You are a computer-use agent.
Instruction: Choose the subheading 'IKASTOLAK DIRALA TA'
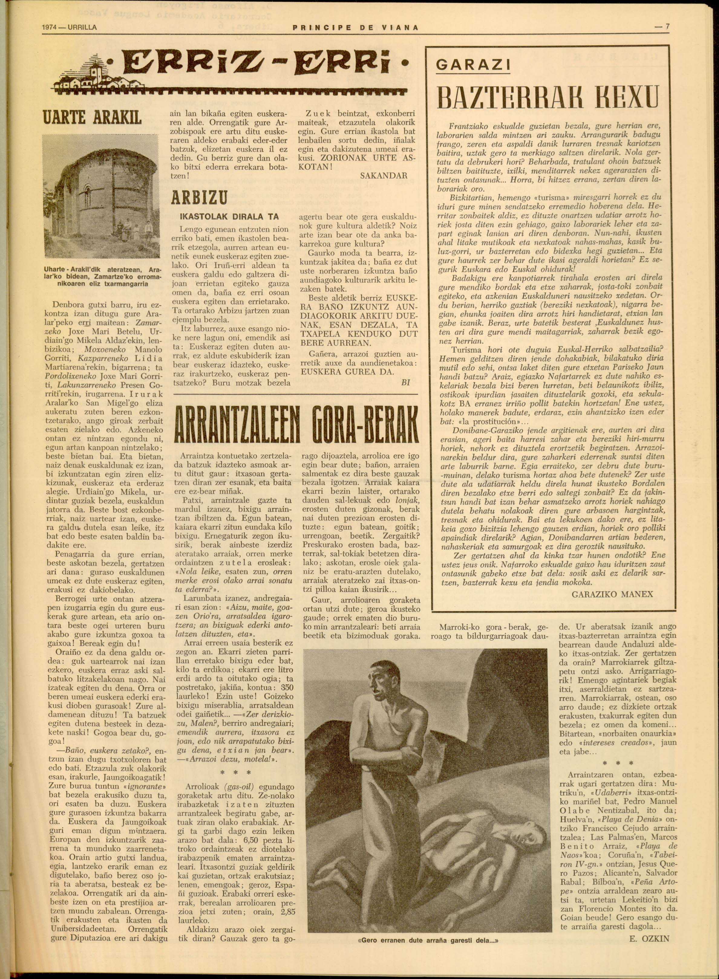229,217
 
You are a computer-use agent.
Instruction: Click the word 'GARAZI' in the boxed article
473,64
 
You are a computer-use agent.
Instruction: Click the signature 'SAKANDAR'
384,176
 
